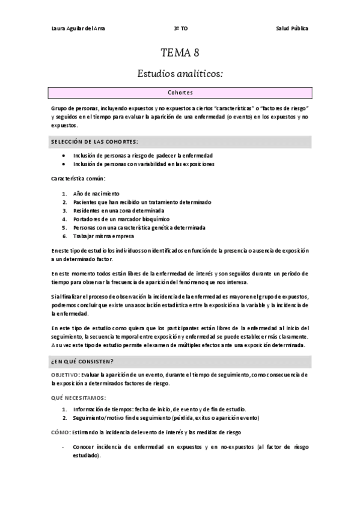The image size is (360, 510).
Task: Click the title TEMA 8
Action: [x=180, y=53]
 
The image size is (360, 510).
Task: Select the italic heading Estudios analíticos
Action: [x=180, y=74]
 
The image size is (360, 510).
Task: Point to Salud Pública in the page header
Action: [x=293, y=28]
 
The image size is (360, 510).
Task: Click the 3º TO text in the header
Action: [x=180, y=28]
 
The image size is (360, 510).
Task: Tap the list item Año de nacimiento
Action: [x=96, y=194]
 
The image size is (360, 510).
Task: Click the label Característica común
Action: [x=78, y=179]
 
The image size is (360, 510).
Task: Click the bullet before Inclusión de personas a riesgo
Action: [x=64, y=155]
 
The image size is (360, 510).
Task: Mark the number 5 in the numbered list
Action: [x=64, y=228]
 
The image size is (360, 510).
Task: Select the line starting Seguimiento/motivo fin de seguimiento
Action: [x=166, y=417]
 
